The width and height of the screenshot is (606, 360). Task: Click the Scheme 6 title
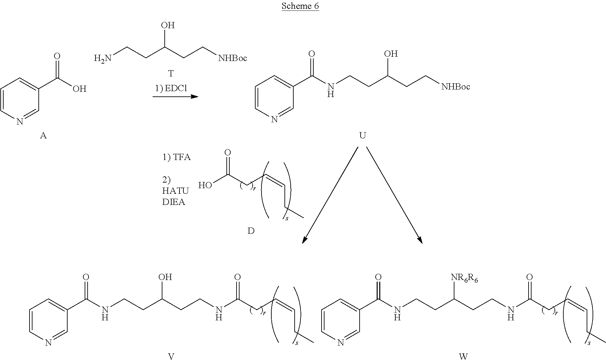tap(300, 6)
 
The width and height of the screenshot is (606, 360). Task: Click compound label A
tap(43, 135)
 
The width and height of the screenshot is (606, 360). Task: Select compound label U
tap(362, 135)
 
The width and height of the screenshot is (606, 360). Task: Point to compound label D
tap(251, 231)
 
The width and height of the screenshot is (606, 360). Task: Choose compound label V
tap(171, 356)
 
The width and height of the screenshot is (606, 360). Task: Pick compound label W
tap(463, 356)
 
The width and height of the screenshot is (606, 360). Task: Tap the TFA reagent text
tap(176, 157)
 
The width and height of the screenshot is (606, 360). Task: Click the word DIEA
tap(174, 202)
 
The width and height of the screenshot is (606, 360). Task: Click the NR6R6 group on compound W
tap(464, 278)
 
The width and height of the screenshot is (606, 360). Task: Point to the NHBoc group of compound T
tap(233, 58)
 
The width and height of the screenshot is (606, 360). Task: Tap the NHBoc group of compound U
tap(455, 87)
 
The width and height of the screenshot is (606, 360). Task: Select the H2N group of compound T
tap(103, 58)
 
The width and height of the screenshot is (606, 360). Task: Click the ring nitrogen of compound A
tap(20, 122)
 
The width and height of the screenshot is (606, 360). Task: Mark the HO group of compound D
tap(205, 186)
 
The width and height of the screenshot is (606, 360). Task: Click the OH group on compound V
tap(165, 277)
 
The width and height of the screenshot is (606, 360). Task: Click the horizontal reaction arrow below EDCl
tap(175, 97)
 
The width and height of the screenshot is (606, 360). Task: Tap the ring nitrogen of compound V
tap(48, 343)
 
